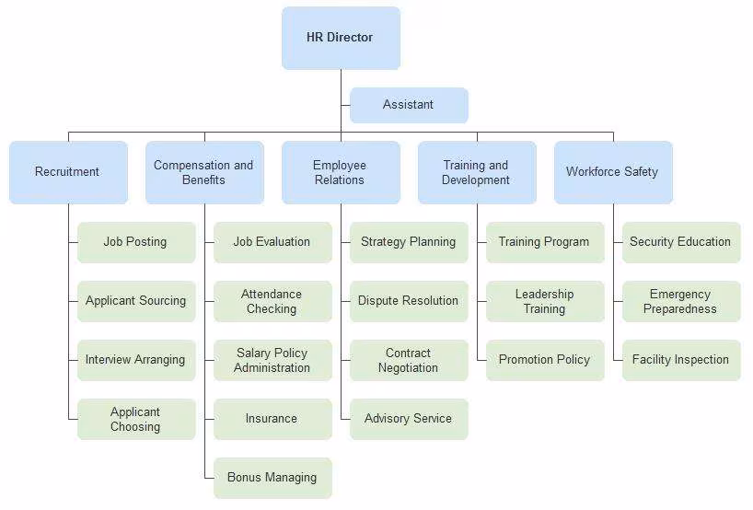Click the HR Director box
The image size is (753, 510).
pyautogui.click(x=341, y=38)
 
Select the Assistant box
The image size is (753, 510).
pyautogui.click(x=409, y=105)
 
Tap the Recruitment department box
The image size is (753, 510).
pyautogui.click(x=68, y=172)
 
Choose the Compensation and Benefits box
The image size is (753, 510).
pyautogui.click(x=204, y=172)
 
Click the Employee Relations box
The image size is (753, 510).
pyautogui.click(x=341, y=172)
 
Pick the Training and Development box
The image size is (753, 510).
pyautogui.click(x=477, y=172)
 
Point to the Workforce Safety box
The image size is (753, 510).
pyautogui.click(x=613, y=172)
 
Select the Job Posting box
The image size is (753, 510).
pyautogui.click(x=136, y=242)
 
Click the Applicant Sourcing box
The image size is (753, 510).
pyautogui.click(x=136, y=301)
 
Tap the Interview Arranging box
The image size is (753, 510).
pyautogui.click(x=136, y=360)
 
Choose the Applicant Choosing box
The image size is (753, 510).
pyautogui.click(x=136, y=419)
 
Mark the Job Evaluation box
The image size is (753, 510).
pyautogui.click(x=272, y=242)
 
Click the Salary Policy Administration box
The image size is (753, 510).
pyautogui.click(x=272, y=360)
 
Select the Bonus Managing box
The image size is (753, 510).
pyautogui.click(x=272, y=478)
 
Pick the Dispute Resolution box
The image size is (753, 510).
pyautogui.click(x=409, y=301)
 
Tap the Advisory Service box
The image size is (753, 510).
pyautogui.click(x=409, y=419)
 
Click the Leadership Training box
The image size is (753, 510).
pyautogui.click(x=545, y=301)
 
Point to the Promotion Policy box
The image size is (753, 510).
pyautogui.click(x=545, y=360)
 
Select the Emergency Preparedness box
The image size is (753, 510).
pyautogui.click(x=681, y=301)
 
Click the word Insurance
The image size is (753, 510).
pyautogui.click(x=272, y=419)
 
